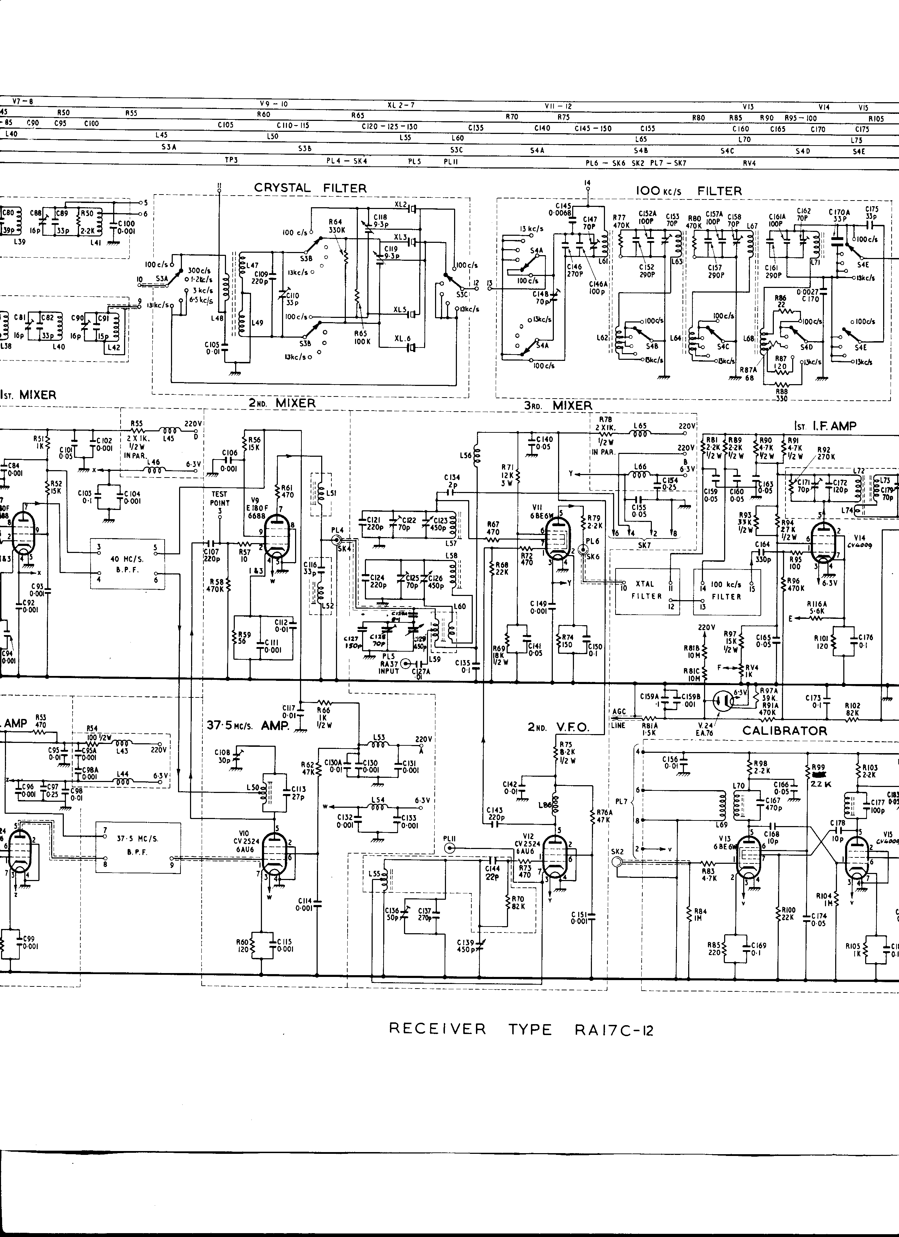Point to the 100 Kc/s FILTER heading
(689, 191)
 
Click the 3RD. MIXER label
(557, 405)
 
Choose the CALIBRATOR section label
(784, 730)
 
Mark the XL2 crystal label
(401, 204)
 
